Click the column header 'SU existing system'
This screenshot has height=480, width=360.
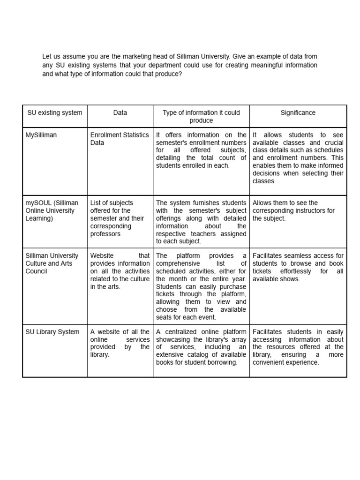pyautogui.click(x=55, y=112)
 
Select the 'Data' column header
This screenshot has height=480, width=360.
pyautogui.click(x=120, y=112)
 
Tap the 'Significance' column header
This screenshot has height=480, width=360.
pyautogui.click(x=298, y=112)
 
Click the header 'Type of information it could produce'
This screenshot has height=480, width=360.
pyautogui.click(x=201, y=116)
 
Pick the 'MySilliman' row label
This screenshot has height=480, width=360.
pyautogui.click(x=41, y=135)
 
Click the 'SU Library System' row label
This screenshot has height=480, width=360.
pyautogui.click(x=52, y=332)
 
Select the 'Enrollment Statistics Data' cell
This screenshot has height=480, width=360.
pyautogui.click(x=120, y=139)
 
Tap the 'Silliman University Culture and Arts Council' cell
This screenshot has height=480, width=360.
pyautogui.click(x=52, y=263)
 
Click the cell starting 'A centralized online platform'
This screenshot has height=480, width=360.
pyautogui.click(x=201, y=347)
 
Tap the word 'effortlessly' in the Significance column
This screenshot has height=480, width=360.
pyautogui.click(x=296, y=271)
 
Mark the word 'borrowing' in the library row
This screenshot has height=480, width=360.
pyautogui.click(x=222, y=362)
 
